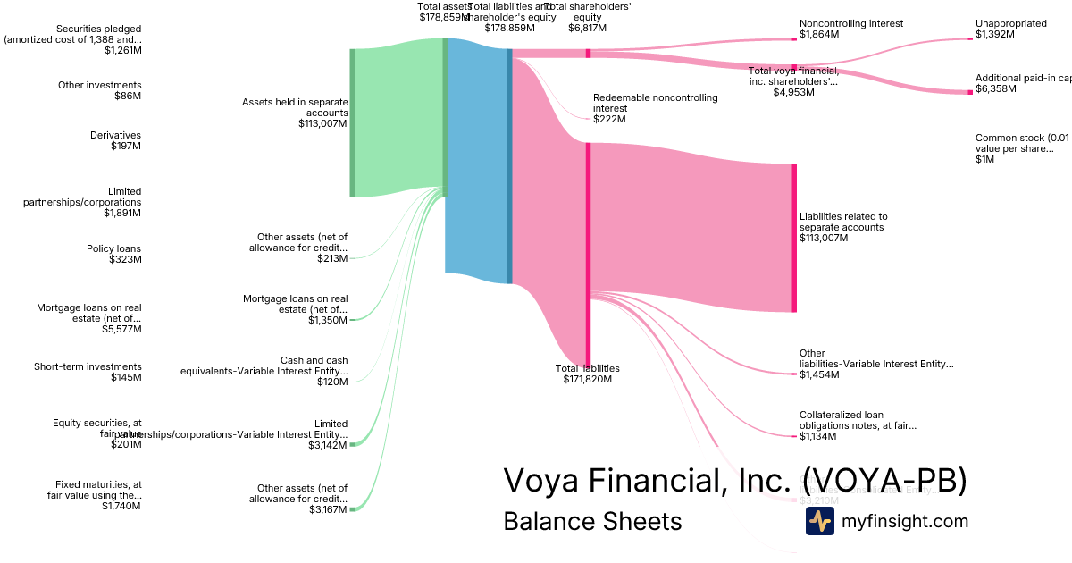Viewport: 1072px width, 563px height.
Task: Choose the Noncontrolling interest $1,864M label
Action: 851,29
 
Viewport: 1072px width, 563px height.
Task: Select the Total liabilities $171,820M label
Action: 587,374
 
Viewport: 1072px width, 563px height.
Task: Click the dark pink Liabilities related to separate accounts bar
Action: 793,238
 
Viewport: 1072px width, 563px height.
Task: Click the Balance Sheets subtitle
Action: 592,521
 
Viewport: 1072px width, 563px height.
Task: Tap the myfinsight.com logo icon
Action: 819,521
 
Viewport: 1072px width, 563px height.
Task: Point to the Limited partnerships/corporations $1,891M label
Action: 82,202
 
